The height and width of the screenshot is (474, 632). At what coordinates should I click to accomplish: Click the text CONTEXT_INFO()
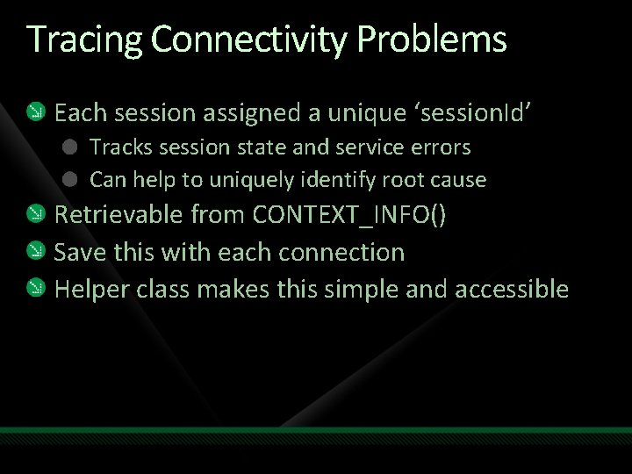(349, 215)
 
